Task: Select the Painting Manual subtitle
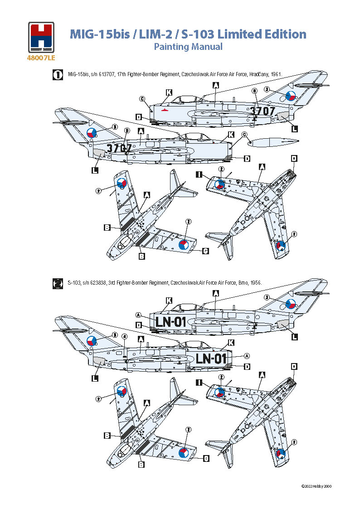(x=188, y=46)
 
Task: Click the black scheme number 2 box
(x=58, y=284)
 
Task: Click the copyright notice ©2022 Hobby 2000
(x=316, y=486)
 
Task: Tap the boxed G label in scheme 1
(x=206, y=251)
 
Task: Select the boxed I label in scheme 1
(x=199, y=175)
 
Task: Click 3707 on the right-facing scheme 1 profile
(x=119, y=148)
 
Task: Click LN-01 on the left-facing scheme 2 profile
(x=171, y=321)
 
